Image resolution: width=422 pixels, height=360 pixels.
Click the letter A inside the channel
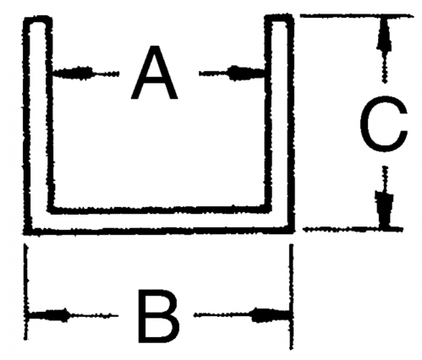click(154, 73)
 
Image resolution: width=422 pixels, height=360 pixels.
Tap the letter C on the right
click(383, 124)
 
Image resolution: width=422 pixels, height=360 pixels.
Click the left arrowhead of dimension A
click(73, 73)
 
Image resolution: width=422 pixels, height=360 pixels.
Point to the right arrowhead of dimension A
click(246, 74)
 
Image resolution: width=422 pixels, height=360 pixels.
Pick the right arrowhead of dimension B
click(271, 315)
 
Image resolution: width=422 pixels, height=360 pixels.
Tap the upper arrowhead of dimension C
click(384, 35)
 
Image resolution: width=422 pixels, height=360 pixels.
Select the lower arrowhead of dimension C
click(384, 209)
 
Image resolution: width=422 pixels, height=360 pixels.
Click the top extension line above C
click(356, 16)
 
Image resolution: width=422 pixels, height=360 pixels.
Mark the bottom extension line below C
click(353, 229)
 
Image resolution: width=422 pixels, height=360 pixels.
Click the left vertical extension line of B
click(26, 292)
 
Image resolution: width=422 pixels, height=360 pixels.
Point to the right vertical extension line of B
click(292, 297)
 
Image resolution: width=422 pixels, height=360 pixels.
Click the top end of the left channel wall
click(38, 19)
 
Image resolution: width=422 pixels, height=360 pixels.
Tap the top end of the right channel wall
click(279, 18)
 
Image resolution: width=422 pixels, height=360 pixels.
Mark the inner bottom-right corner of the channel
click(268, 208)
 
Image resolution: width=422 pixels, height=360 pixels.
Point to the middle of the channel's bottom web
click(159, 220)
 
